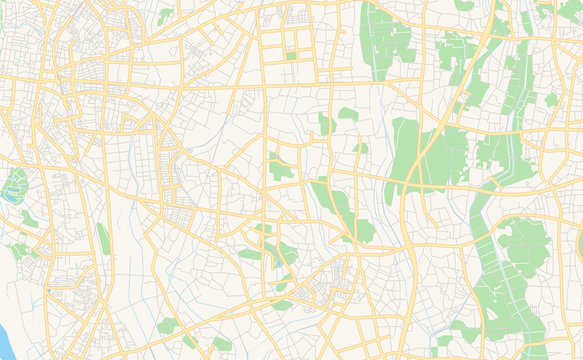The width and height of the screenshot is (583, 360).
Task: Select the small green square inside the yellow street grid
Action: click(291, 56)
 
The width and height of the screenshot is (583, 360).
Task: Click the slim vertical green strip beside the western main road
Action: click(103, 239)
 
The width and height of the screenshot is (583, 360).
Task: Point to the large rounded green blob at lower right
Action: click(524, 246)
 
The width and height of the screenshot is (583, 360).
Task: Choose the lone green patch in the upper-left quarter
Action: click(165, 16)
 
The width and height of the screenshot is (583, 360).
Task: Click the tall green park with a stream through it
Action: click(385, 35)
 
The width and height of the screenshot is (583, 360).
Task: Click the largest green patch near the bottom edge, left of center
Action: click(167, 326)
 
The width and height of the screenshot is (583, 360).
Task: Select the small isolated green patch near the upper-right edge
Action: click(551, 100)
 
